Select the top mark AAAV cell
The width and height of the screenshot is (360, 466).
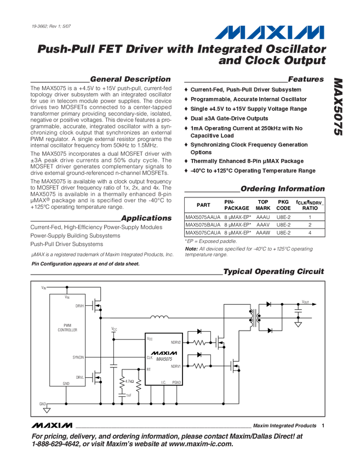[263, 225]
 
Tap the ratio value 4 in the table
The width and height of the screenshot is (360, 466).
[310, 232]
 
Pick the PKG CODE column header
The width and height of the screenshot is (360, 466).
[284, 205]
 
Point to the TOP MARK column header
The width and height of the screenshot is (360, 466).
[263, 205]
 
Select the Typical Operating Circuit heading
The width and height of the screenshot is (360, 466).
[274, 272]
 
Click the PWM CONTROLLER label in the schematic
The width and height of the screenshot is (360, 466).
[67, 328]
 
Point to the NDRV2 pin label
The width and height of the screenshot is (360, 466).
[175, 342]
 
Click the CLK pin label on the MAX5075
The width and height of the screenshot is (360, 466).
[150, 357]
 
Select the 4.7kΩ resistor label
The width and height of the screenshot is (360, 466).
[129, 380]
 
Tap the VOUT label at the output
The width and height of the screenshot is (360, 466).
[305, 302]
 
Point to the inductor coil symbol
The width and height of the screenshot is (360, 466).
[159, 316]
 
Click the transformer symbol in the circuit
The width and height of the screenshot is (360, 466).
[253, 317]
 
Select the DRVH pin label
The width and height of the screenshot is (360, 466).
[80, 305]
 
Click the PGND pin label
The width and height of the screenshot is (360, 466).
[176, 382]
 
